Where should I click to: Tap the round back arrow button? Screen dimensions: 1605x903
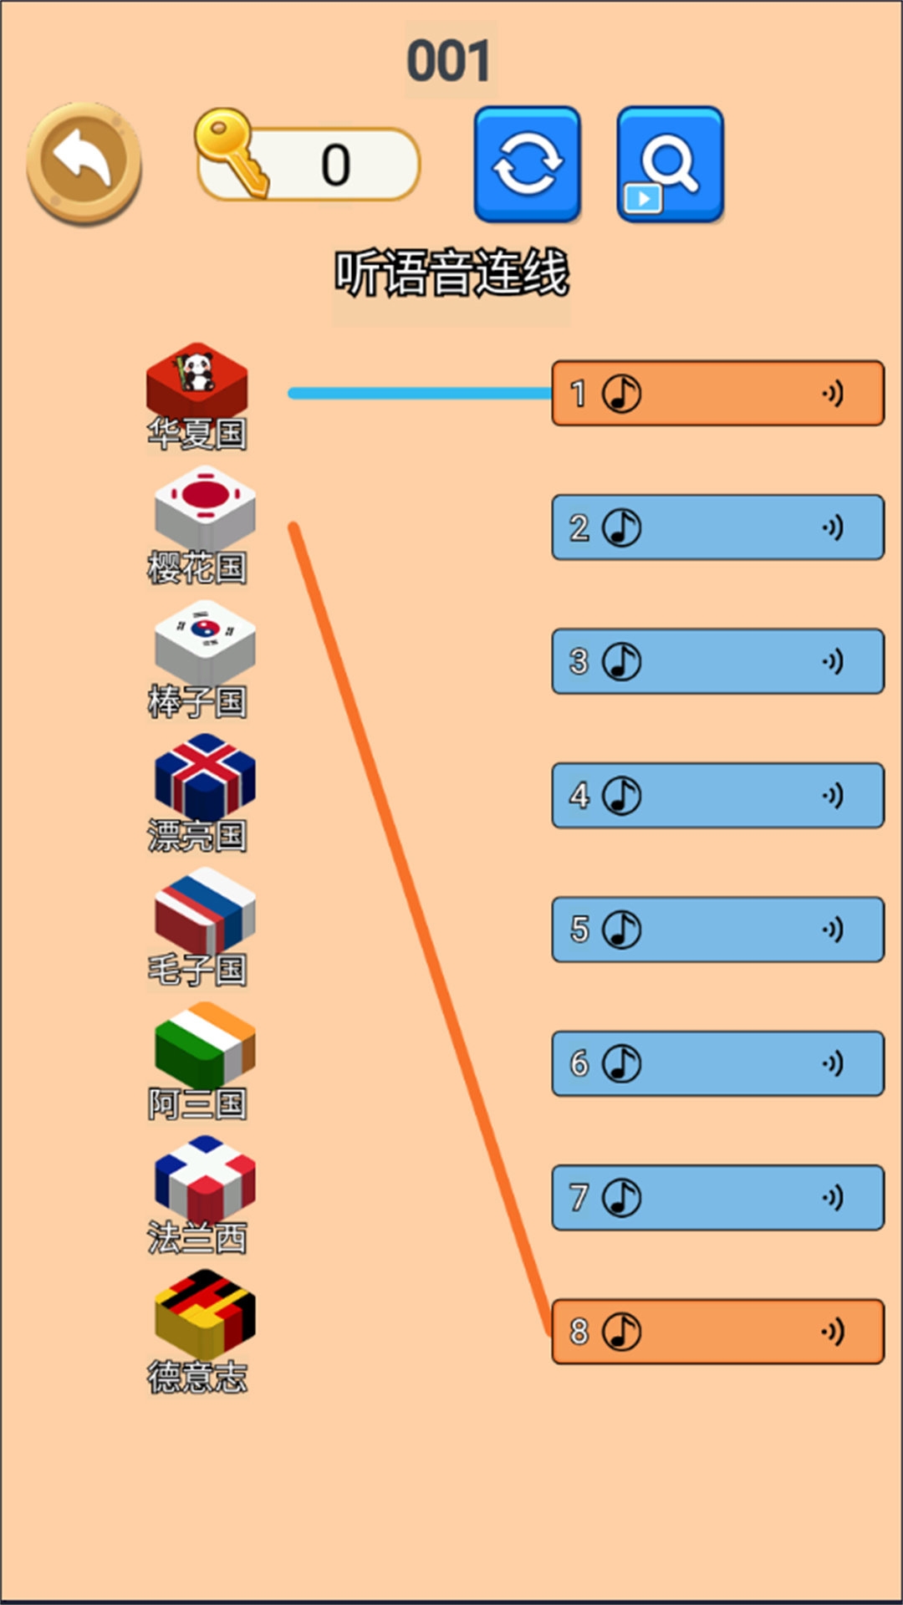(x=84, y=162)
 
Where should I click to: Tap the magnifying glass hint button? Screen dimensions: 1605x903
(x=670, y=164)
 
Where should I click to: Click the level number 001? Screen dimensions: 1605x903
(x=449, y=61)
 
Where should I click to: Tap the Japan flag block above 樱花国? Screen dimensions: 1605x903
(x=204, y=507)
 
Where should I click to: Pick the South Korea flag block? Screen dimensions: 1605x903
(x=204, y=640)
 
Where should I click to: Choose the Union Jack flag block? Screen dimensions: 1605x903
(x=204, y=776)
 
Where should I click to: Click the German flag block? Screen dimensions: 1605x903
(x=204, y=1312)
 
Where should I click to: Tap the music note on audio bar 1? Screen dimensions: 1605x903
(x=622, y=393)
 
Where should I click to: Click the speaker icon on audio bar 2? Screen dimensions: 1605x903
(x=832, y=527)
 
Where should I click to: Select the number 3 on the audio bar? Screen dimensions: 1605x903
(x=579, y=661)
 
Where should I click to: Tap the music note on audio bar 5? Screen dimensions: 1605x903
(x=622, y=930)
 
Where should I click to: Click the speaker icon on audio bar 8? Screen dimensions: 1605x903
(x=832, y=1331)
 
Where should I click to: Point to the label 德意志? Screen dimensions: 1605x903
(x=197, y=1377)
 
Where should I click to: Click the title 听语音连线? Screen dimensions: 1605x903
(x=451, y=273)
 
